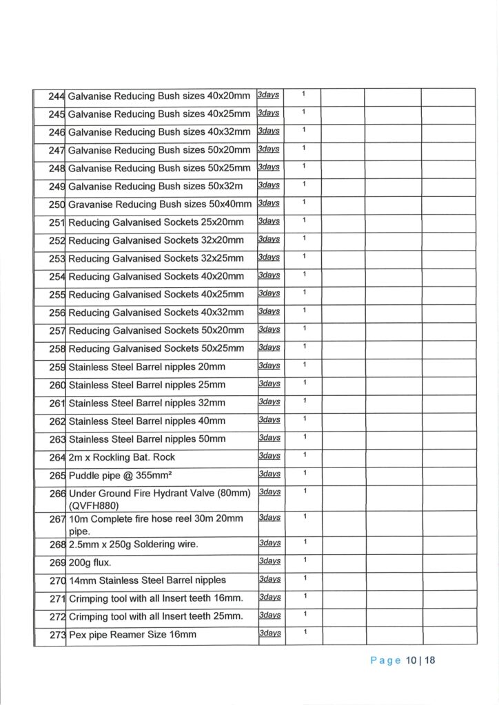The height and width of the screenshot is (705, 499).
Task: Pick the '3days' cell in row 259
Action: [269, 366]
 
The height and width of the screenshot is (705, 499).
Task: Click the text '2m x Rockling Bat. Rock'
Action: [122, 457]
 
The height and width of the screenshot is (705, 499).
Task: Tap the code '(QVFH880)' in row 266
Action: [96, 504]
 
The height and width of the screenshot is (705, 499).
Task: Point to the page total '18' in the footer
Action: [430, 661]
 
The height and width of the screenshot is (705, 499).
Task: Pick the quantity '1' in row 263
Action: [303, 436]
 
